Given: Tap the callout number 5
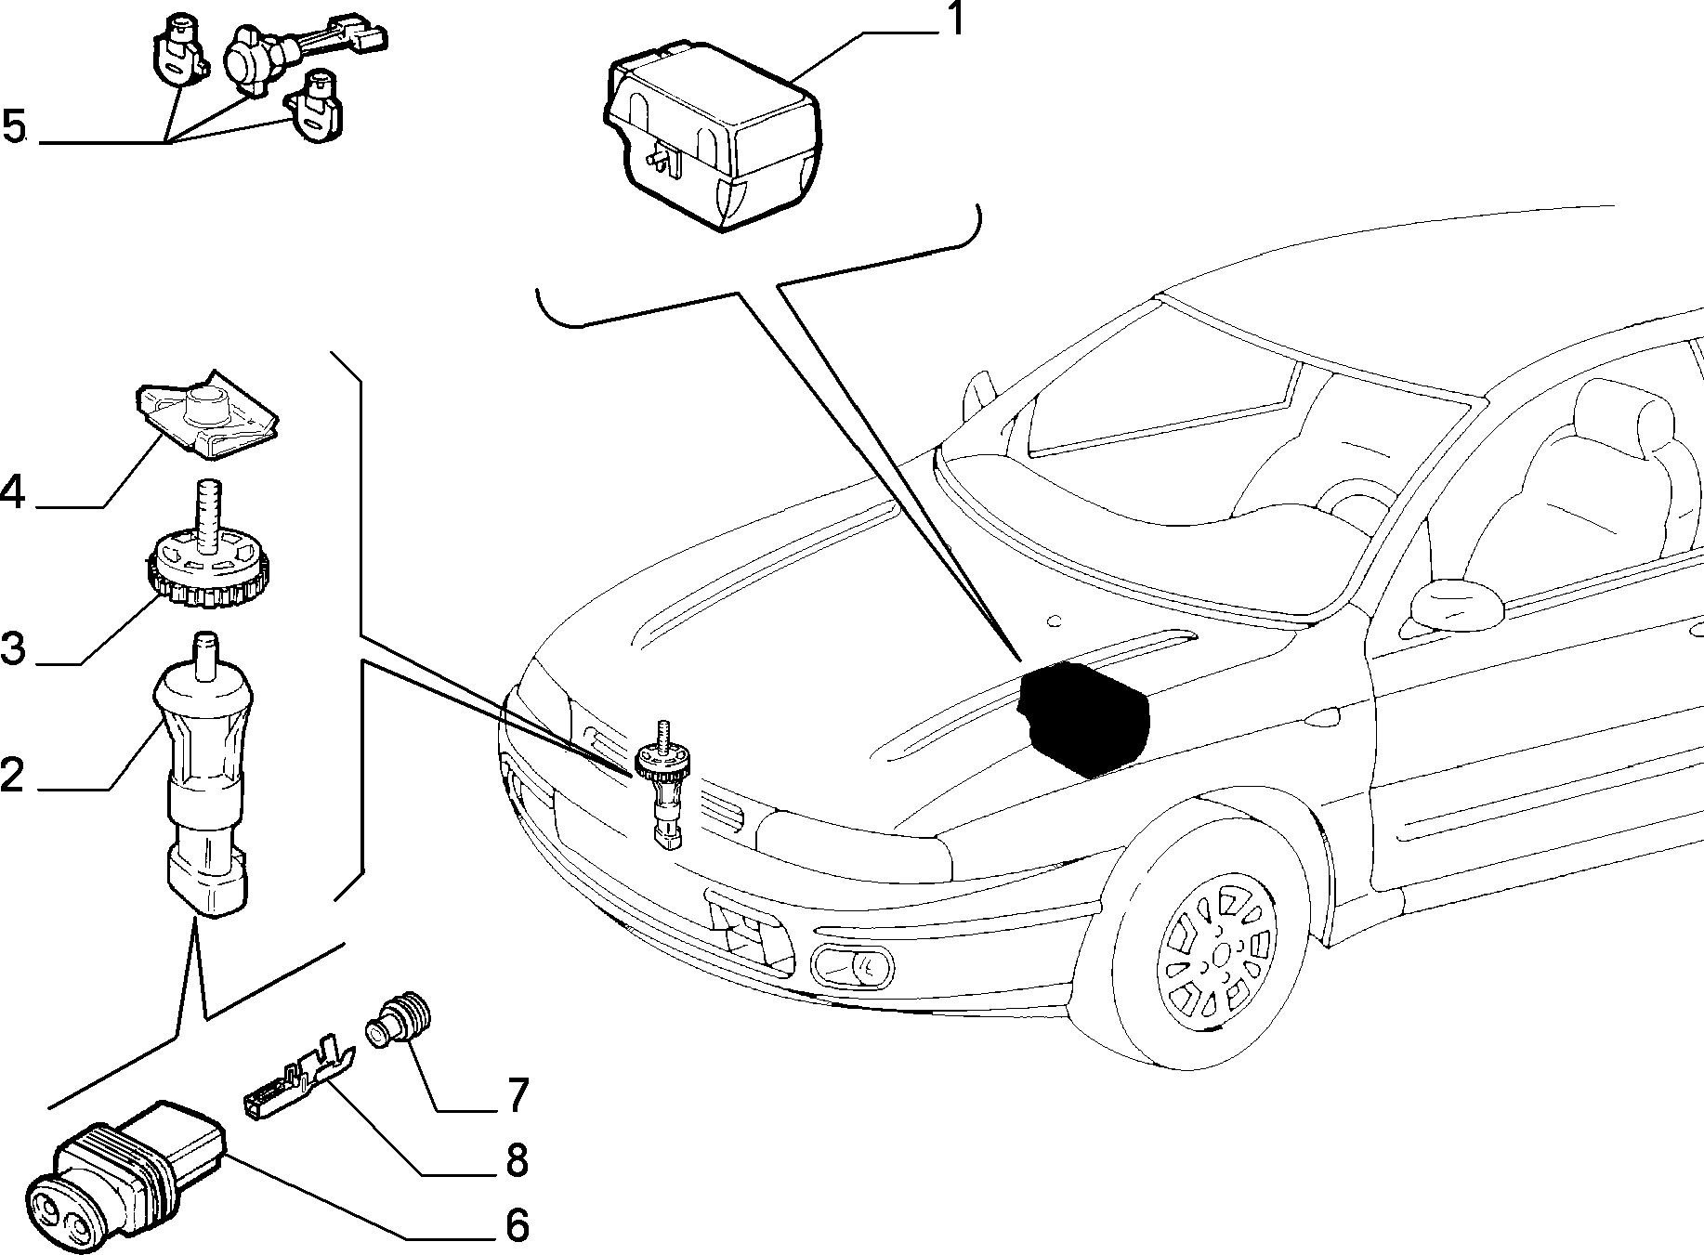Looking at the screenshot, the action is [14, 125].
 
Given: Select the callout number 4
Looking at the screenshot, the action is [12, 491].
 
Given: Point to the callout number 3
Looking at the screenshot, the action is [13, 647].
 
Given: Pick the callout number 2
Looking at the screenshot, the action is [12, 774].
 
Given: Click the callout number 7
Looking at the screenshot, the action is [516, 1094].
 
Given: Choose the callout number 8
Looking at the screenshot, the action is [515, 1160].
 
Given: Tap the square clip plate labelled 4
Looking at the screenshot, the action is [207, 414].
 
